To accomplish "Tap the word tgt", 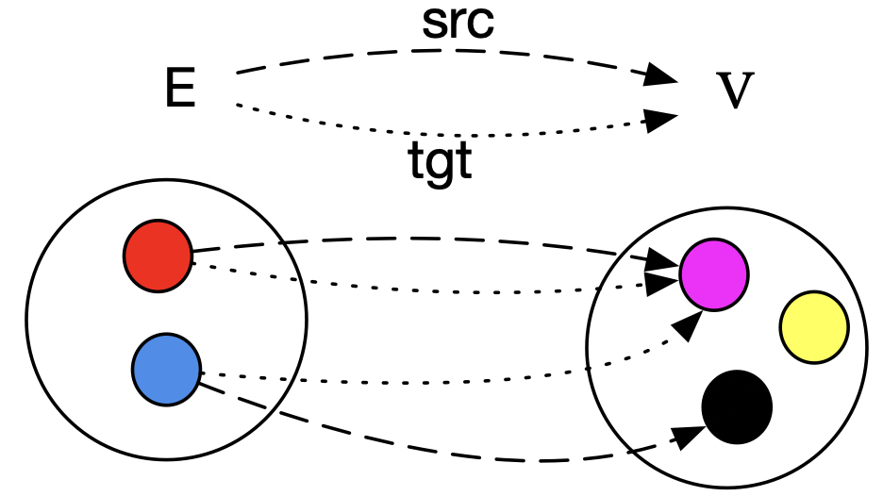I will pos(440,162).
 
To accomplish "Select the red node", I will pos(158,256).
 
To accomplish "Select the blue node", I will pos(166,369).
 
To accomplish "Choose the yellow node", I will pos(813,327).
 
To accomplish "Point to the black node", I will pos(737,406).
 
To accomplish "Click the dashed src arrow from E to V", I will pos(443,52).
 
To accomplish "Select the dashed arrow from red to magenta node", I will pos(425,239).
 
